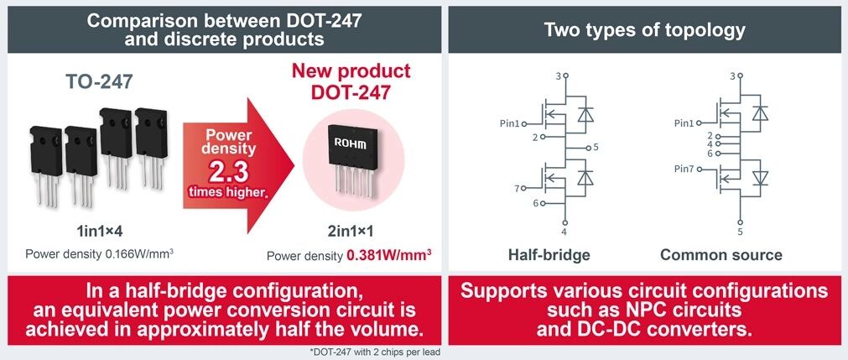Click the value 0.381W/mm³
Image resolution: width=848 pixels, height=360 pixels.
coord(389,255)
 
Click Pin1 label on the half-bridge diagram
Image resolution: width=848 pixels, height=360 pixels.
coord(511,123)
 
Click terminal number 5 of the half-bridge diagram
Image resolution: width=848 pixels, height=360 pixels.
coord(595,147)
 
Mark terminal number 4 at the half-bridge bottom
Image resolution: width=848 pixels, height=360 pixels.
coord(564,232)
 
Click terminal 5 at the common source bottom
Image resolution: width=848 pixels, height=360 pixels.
coord(740,232)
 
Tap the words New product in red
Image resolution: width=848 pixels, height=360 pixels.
coord(351,70)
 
